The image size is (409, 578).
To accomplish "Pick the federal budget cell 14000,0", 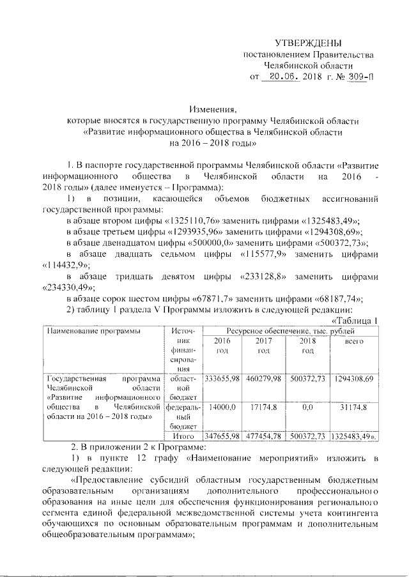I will (223, 406).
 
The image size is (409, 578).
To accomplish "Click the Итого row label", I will (187, 436).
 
